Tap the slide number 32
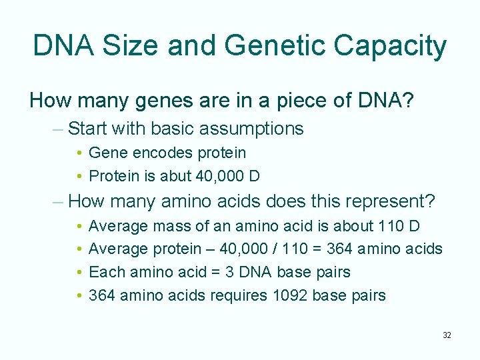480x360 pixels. [447, 335]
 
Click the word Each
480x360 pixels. [103, 272]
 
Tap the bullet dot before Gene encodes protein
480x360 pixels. [79, 153]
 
